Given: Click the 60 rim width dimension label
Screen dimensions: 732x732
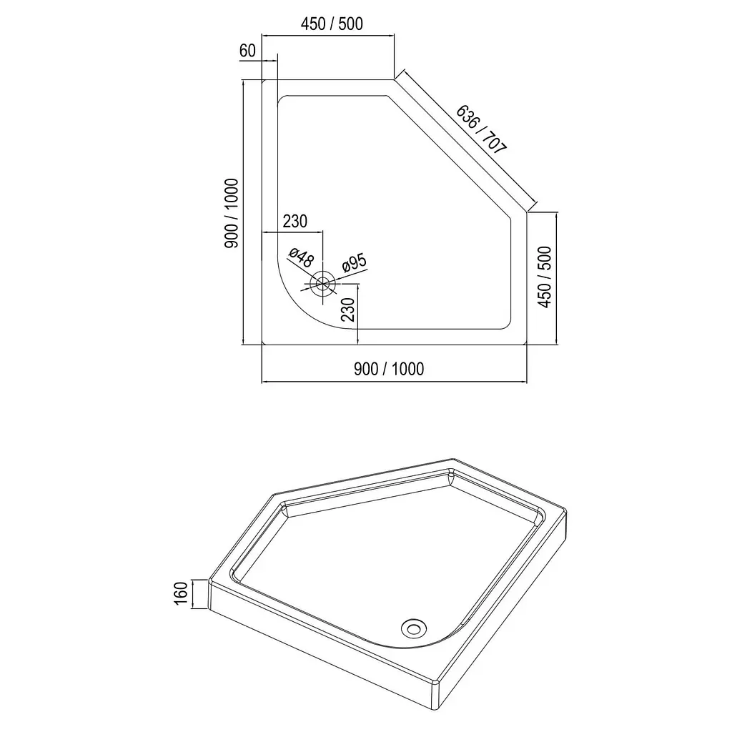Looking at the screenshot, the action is (x=247, y=51).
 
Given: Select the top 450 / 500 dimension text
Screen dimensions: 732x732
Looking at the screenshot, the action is (x=332, y=24).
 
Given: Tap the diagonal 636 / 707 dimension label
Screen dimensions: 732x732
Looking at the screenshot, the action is (x=481, y=129).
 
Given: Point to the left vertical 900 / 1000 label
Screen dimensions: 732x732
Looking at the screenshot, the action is (x=232, y=213).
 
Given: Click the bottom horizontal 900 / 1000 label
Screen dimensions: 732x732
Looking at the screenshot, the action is (x=389, y=370).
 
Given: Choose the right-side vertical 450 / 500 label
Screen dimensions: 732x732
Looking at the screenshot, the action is (x=544, y=277).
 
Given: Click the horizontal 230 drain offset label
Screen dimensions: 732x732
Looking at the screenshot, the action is (x=295, y=222).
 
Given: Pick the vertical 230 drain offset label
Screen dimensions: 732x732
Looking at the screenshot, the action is (x=348, y=310).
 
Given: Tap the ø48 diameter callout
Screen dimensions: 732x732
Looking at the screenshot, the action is (x=301, y=257).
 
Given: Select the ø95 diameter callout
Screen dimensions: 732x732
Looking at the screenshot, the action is (x=355, y=263).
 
